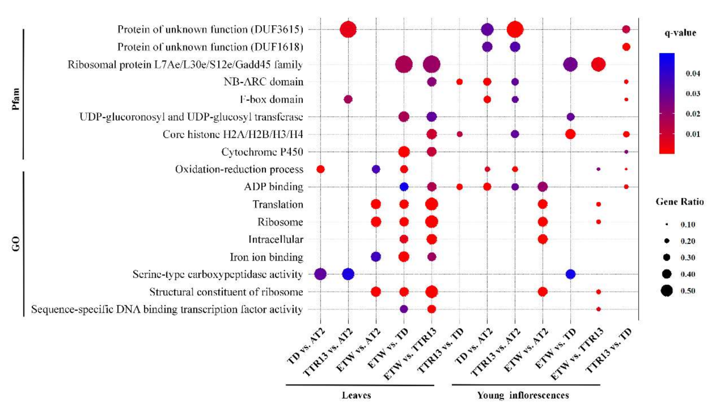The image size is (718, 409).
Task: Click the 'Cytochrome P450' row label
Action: (x=262, y=152)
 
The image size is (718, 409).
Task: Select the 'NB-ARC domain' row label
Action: (x=263, y=82)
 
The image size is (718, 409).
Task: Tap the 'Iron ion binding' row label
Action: (x=266, y=257)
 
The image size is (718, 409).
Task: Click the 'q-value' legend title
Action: (x=680, y=33)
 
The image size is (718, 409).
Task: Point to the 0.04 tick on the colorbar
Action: (x=693, y=74)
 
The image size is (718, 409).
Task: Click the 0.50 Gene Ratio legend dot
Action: (x=667, y=291)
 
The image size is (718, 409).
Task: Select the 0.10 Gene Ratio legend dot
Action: (x=667, y=225)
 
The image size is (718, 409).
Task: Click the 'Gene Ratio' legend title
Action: (x=680, y=202)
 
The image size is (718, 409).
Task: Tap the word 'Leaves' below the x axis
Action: (x=356, y=395)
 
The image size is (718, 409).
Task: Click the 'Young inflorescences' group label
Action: (x=523, y=395)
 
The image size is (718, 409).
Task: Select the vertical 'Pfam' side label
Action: (x=16, y=99)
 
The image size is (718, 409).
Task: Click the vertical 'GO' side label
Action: (x=16, y=244)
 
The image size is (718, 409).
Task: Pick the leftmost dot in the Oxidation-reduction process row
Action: (x=320, y=169)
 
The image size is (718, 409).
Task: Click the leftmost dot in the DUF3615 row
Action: (x=348, y=29)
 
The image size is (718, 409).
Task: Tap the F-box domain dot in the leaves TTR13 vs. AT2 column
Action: (x=348, y=99)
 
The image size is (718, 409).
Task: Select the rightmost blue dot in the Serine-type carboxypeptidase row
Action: (x=571, y=274)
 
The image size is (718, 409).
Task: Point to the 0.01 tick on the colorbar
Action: (x=693, y=134)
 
